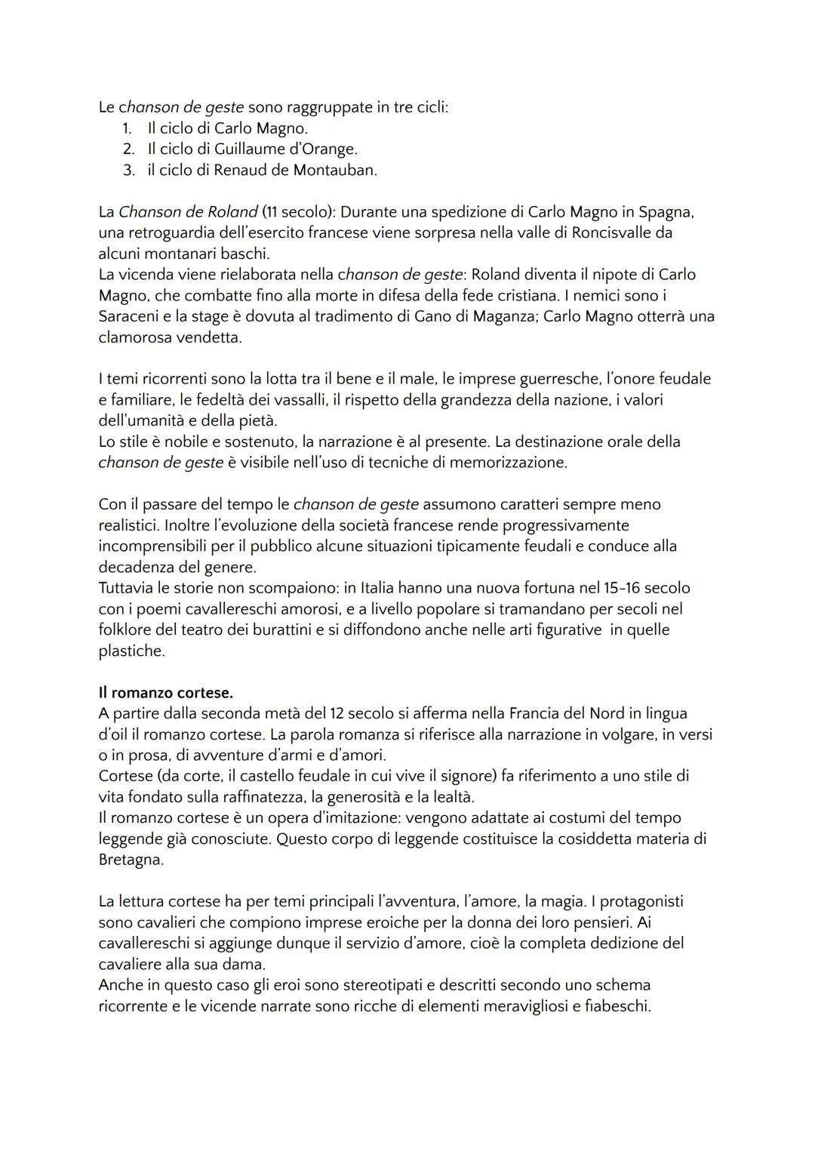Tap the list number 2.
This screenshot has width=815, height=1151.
click(129, 149)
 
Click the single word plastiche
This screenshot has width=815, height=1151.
click(131, 651)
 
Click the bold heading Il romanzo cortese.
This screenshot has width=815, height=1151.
click(166, 692)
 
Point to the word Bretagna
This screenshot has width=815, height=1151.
click(131, 860)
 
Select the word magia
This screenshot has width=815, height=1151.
click(558, 902)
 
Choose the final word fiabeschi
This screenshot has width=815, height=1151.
click(617, 1007)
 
